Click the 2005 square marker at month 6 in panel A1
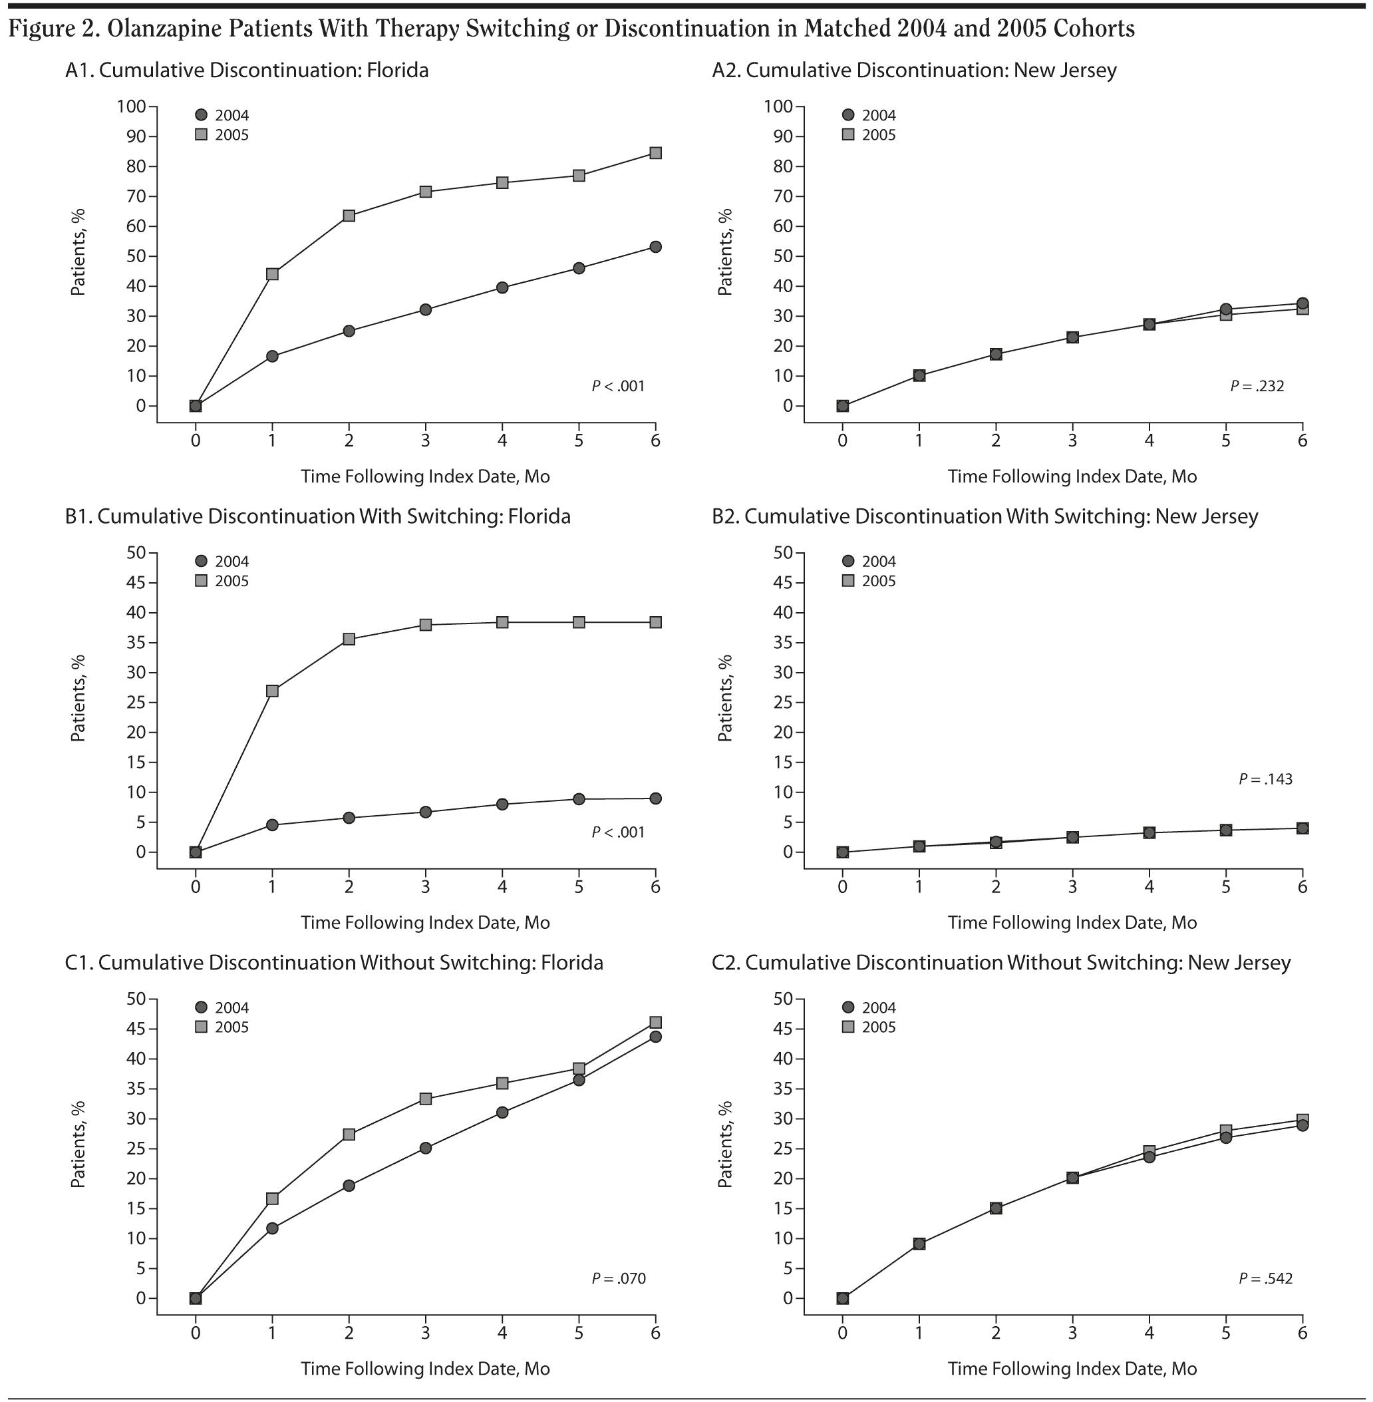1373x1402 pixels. (x=655, y=153)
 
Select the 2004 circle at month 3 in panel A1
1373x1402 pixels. (x=426, y=309)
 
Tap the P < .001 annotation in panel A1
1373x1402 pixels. (x=618, y=386)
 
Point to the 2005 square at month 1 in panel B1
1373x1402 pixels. (x=273, y=691)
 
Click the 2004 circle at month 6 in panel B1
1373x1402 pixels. (x=655, y=798)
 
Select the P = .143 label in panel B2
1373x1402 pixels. (x=1265, y=779)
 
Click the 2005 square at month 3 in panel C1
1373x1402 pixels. (x=426, y=1099)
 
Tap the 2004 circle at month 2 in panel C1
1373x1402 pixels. (x=349, y=1186)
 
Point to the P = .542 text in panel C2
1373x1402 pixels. (x=1265, y=1279)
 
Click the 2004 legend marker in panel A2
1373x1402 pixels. (x=848, y=114)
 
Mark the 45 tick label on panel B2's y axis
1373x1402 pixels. (x=778, y=583)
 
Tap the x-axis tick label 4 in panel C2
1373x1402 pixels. (x=1149, y=1332)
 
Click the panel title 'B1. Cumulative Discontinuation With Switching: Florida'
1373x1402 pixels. (x=317, y=516)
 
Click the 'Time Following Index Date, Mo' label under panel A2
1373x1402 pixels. (x=1072, y=476)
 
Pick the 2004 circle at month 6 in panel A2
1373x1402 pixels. (x=1302, y=303)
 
